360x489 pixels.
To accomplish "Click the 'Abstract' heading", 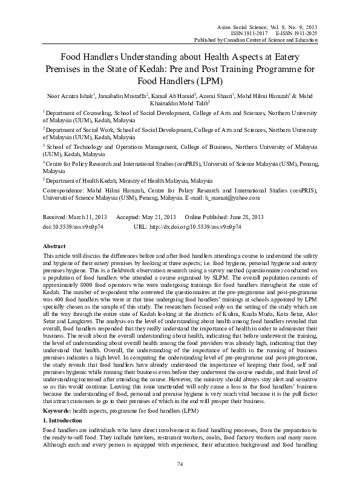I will [55, 248].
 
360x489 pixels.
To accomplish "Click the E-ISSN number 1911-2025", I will [302, 33].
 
